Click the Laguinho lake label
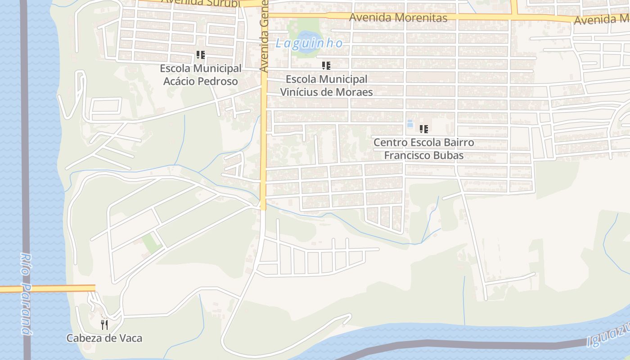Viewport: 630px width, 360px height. pyautogui.click(x=309, y=44)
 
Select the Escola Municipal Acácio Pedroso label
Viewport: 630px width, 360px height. pyautogui.click(x=201, y=75)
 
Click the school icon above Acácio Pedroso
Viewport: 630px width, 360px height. pyautogui.click(x=201, y=55)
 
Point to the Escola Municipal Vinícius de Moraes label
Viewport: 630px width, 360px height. pyautogui.click(x=327, y=85)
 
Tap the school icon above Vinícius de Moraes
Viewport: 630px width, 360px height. pyautogui.click(x=326, y=66)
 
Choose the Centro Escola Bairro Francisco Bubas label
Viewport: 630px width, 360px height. pyautogui.click(x=423, y=149)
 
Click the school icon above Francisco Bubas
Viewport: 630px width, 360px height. pyautogui.click(x=423, y=129)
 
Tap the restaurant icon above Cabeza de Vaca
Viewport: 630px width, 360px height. pyautogui.click(x=104, y=324)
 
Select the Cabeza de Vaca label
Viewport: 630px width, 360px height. pyautogui.click(x=104, y=338)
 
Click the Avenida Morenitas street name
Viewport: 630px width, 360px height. pyautogui.click(x=398, y=18)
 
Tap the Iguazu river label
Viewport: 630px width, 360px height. pyautogui.click(x=610, y=335)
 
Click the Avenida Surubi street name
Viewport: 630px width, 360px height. pyautogui.click(x=200, y=3)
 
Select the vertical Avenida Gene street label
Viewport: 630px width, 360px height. pyautogui.click(x=264, y=36)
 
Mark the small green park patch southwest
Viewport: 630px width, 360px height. pyautogui.click(x=151, y=243)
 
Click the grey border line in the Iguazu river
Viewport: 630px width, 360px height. pyautogui.click(x=450, y=344)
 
